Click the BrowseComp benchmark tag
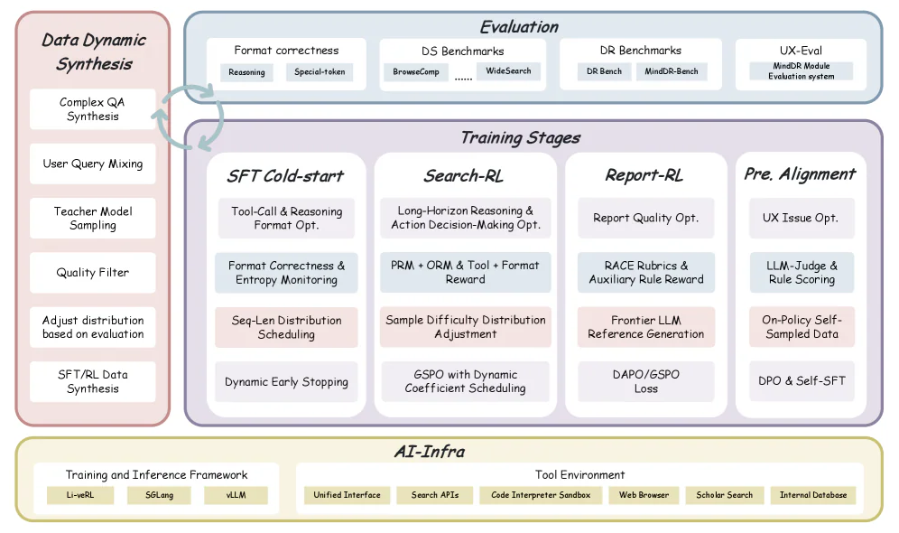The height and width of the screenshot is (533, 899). tap(416, 71)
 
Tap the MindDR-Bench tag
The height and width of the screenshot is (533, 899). tap(671, 71)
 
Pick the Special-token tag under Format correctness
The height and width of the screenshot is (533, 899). tap(320, 72)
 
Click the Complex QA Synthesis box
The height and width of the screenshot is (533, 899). tap(92, 109)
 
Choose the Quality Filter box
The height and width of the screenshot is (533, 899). tap(92, 272)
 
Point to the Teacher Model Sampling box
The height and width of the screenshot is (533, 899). tap(92, 218)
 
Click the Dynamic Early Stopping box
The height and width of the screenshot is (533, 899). tap(286, 381)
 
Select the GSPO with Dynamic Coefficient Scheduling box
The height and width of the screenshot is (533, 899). tap(465, 381)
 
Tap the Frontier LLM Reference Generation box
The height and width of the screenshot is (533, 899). tap(645, 327)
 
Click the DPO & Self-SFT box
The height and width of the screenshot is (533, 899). tap(802, 381)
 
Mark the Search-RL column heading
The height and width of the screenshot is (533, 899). tap(464, 175)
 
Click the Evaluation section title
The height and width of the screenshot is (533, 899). tap(518, 26)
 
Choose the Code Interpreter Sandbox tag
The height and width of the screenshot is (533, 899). tap(541, 495)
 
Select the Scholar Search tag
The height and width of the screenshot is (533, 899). tap(724, 495)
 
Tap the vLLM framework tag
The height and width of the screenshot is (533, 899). tap(236, 495)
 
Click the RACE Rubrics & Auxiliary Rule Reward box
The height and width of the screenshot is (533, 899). tap(645, 272)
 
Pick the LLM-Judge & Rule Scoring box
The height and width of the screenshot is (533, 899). tap(802, 272)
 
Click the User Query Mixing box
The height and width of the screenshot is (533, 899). tap(92, 164)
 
